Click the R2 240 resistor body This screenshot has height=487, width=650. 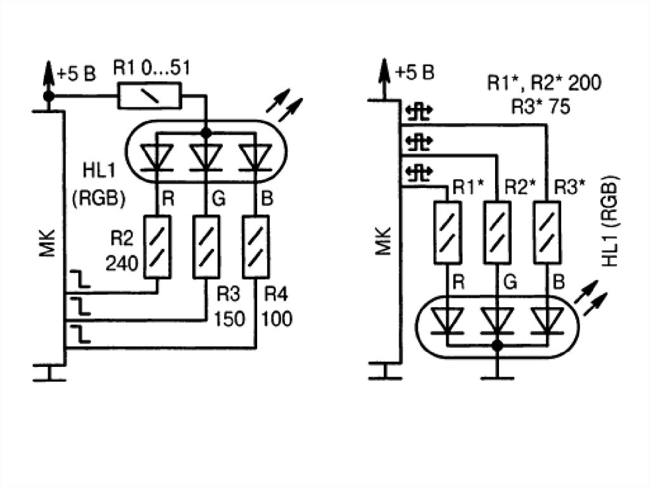click(157, 246)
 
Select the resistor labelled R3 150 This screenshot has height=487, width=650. click(206, 246)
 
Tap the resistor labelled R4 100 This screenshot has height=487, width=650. click(256, 246)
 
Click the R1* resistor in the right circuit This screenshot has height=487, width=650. click(448, 231)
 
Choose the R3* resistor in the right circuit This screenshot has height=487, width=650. click(546, 231)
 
